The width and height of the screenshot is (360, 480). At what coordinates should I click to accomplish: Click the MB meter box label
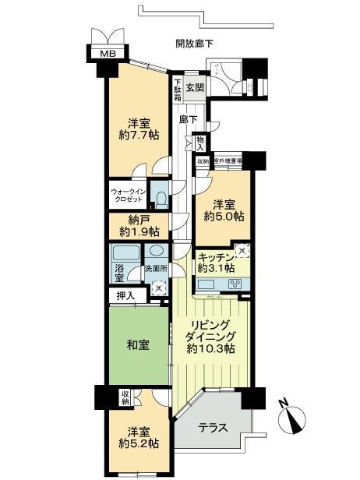tap(104, 55)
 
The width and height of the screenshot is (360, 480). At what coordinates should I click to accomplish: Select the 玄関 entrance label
tap(194, 88)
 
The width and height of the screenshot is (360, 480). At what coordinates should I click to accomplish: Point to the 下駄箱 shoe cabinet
tap(178, 88)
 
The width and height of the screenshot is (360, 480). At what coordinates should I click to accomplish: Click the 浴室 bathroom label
tap(119, 273)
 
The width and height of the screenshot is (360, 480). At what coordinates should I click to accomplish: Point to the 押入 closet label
tap(125, 296)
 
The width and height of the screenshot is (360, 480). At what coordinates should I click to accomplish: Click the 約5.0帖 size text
tap(220, 215)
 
